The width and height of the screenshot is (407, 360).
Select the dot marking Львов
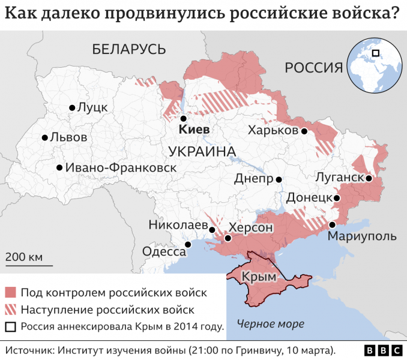[x=44, y=137]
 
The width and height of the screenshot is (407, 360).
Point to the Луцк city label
[x=92, y=107]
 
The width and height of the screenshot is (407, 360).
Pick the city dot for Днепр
[x=279, y=179]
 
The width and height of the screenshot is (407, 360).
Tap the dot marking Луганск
[x=369, y=178]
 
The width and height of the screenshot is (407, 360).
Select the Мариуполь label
[x=362, y=236]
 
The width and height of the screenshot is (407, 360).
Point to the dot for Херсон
[x=228, y=238]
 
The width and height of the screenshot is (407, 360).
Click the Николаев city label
[x=177, y=225]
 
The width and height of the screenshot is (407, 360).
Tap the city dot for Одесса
[x=188, y=244]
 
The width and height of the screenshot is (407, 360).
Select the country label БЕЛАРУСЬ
[x=129, y=49]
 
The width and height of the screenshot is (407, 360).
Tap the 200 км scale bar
[x=29, y=265]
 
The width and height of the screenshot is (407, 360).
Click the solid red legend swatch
[x=11, y=293]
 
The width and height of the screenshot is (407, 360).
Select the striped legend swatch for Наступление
[x=11, y=310]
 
